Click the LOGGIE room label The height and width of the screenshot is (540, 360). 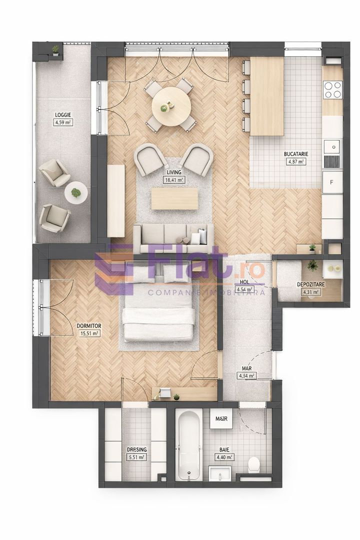(x=63, y=115)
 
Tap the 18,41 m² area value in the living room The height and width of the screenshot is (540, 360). (x=174, y=179)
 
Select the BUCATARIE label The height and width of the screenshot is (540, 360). (x=296, y=155)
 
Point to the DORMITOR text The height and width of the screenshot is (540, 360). (x=89, y=326)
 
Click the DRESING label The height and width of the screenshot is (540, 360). (x=136, y=449)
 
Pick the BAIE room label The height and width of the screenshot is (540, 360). (x=223, y=449)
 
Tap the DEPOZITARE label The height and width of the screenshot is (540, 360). (x=310, y=284)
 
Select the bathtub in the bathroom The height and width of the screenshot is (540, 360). (x=189, y=445)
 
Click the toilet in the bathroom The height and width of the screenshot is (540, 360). (x=254, y=464)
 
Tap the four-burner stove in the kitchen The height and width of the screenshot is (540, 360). (x=332, y=89)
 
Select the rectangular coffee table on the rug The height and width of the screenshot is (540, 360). (x=174, y=198)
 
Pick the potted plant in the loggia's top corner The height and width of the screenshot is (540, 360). (x=55, y=50)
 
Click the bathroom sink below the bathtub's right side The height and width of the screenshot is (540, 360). (x=219, y=473)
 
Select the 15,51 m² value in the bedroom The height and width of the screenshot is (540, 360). (x=89, y=333)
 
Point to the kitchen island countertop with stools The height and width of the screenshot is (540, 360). (x=266, y=96)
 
